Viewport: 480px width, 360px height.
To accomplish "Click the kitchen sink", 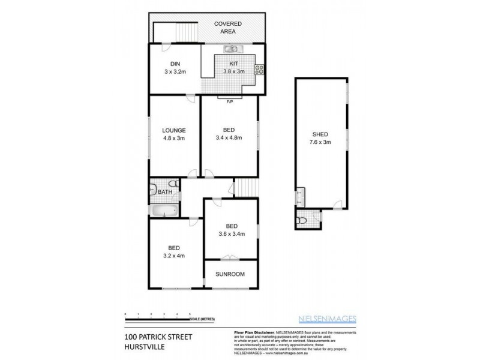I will point(231,49).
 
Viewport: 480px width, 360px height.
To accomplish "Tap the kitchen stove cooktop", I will point(260,68).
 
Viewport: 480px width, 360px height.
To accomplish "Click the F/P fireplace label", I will point(229,101).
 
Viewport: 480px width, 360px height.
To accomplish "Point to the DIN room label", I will point(175,64).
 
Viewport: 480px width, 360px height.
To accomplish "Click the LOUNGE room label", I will point(173,130).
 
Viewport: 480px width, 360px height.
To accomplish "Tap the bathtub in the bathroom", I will point(163,211).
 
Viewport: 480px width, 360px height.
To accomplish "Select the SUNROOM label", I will point(230,274).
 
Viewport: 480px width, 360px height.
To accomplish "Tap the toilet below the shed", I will point(303,221).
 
